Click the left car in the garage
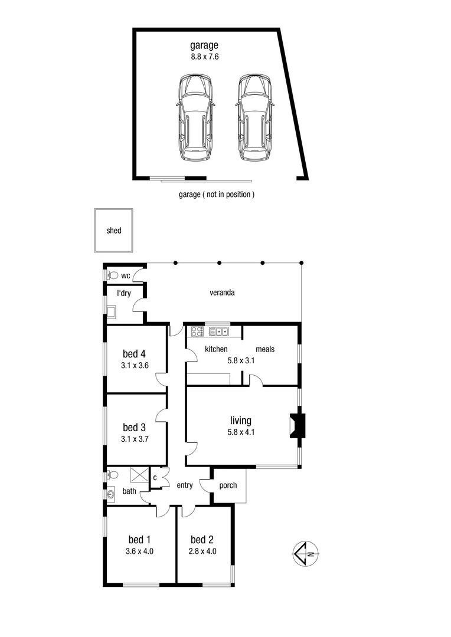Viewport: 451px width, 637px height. click(x=195, y=117)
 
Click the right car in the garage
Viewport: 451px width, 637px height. click(x=254, y=117)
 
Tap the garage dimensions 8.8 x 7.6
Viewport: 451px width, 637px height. click(x=204, y=57)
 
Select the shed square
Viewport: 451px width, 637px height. click(x=114, y=230)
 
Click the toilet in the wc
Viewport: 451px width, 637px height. click(x=112, y=275)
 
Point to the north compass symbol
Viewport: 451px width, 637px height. click(x=306, y=553)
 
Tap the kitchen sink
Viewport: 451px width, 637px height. click(x=218, y=331)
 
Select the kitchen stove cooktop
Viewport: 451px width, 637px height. click(x=196, y=331)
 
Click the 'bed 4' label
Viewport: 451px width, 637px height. click(x=134, y=354)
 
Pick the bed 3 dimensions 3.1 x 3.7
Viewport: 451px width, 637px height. click(x=134, y=438)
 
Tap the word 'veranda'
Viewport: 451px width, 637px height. click(x=222, y=293)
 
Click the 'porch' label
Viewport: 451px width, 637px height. click(x=228, y=485)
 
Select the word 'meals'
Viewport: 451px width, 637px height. click(x=265, y=349)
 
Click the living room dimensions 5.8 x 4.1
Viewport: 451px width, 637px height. click(x=241, y=432)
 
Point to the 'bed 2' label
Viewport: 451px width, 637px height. click(x=202, y=540)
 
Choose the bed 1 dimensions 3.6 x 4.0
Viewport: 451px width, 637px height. click(x=140, y=551)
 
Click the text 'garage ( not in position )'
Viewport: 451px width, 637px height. click(x=217, y=194)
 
